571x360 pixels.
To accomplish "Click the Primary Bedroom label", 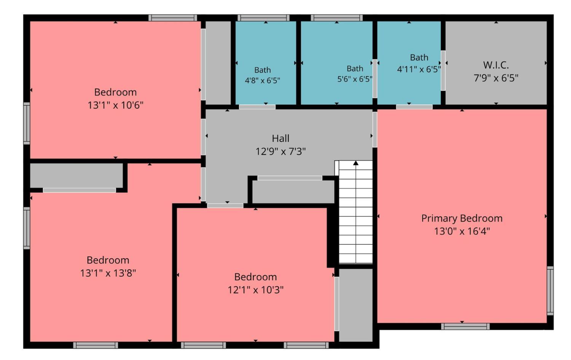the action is point(462,218).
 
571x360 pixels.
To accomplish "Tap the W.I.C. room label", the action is point(496,65).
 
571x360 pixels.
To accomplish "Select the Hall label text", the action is point(281,139).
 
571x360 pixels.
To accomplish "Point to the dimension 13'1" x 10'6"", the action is point(115,105).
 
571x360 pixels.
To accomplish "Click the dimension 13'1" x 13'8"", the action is point(108,273).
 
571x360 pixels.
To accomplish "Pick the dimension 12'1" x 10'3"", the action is point(255,290).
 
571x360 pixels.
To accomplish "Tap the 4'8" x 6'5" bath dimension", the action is point(262,81).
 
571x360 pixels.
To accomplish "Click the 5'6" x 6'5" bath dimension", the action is point(355,79).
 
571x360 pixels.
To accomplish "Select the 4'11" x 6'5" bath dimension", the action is point(419,69).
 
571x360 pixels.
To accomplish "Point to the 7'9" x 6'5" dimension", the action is point(496,78).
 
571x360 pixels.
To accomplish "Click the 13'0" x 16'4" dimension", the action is point(462,231).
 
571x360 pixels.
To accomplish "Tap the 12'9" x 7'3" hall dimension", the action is point(281,152).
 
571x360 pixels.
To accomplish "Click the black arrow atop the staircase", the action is point(356,163).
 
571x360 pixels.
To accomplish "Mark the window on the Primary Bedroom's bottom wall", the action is point(465,326).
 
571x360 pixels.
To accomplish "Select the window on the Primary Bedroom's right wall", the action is point(550,291).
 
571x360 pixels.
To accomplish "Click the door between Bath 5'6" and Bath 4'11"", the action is point(375,78).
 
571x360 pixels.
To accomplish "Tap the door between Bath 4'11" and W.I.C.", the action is point(443,70).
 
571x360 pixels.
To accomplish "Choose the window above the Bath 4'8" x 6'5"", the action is point(263,18).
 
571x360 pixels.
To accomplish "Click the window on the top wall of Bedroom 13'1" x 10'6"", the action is point(172,18).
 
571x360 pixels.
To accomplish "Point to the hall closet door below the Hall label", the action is point(290,178).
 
